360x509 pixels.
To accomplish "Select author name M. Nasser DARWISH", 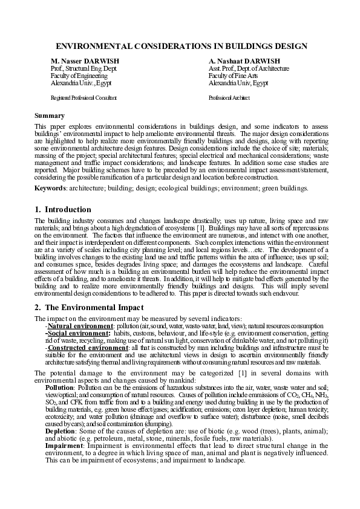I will pyautogui.click(x=85, y=62).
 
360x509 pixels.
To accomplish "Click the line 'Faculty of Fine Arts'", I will pyautogui.click(x=233, y=76).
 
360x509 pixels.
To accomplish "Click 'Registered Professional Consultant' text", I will pyautogui.click(x=83, y=97).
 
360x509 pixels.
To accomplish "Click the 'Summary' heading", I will pyautogui.click(x=50, y=115).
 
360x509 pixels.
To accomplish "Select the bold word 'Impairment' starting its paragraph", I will pyautogui.click(x=63, y=444).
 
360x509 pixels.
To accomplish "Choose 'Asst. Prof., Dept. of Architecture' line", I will pyautogui.click(x=249, y=69).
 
